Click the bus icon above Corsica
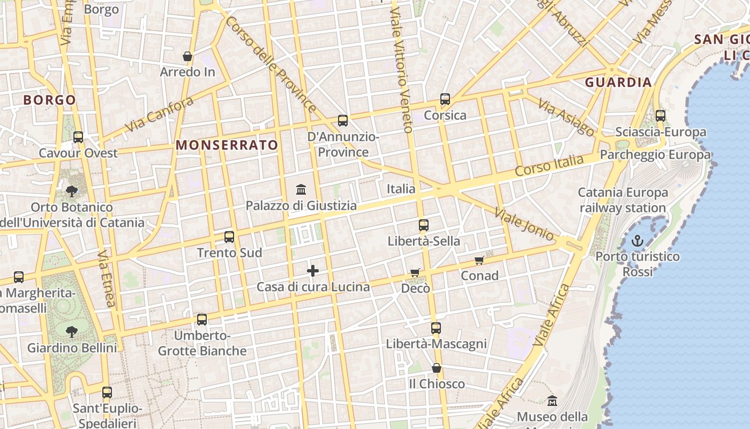click(x=445, y=99)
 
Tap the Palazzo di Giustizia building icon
click(x=301, y=190)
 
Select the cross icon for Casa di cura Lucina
click(x=313, y=271)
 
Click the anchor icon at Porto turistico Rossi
click(x=637, y=241)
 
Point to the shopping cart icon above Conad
click(x=479, y=261)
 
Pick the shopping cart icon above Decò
click(x=415, y=273)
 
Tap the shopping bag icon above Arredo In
click(x=187, y=56)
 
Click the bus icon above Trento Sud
click(x=229, y=236)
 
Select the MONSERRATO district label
click(x=227, y=145)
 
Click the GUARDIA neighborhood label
click(x=618, y=82)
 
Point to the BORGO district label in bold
click(x=49, y=100)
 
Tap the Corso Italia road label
click(x=549, y=166)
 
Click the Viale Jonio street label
click(x=524, y=224)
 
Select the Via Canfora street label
click(x=159, y=114)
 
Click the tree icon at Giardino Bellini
click(x=71, y=332)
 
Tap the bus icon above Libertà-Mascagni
click(x=436, y=328)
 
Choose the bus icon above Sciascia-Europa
click(x=661, y=115)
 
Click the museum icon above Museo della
click(x=552, y=401)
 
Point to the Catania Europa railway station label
click(x=622, y=200)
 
